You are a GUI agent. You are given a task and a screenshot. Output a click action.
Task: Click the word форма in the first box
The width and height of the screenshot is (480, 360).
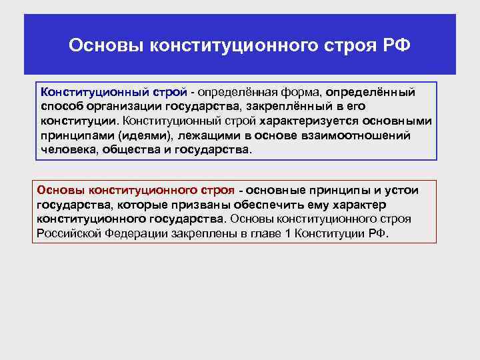pos(304,91)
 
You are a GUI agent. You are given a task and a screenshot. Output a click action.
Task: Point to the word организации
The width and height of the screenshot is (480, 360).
pos(119,106)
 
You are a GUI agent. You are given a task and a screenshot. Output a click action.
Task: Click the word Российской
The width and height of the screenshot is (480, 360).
pos(69,234)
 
